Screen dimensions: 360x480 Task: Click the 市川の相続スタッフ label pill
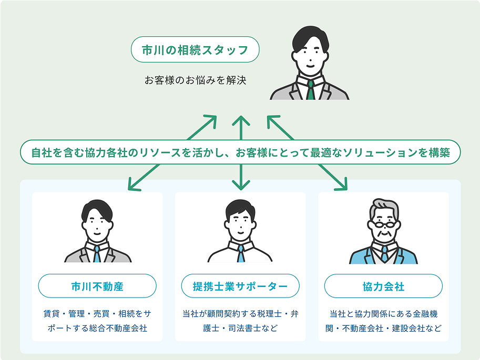coord(195,50)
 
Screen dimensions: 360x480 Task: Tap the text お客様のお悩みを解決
coord(195,81)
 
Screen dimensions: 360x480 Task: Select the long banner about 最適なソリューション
coord(240,153)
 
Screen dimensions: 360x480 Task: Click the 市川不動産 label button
coord(97,286)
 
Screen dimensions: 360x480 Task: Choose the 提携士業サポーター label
coord(240,286)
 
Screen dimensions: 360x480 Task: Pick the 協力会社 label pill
coord(383,286)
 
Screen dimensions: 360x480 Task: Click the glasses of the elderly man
coord(384,225)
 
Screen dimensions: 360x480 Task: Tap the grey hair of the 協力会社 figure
coord(384,206)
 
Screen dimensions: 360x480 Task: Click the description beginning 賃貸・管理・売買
coord(97,321)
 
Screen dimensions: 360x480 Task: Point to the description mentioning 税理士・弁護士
coord(240,321)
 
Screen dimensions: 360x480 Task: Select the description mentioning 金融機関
coord(383,321)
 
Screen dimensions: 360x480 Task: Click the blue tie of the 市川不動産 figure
coord(97,254)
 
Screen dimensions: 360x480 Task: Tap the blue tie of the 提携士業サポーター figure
coord(240,254)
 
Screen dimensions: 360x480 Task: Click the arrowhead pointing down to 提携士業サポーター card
coord(241,186)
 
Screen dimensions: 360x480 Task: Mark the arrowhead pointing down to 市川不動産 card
coord(132,185)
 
